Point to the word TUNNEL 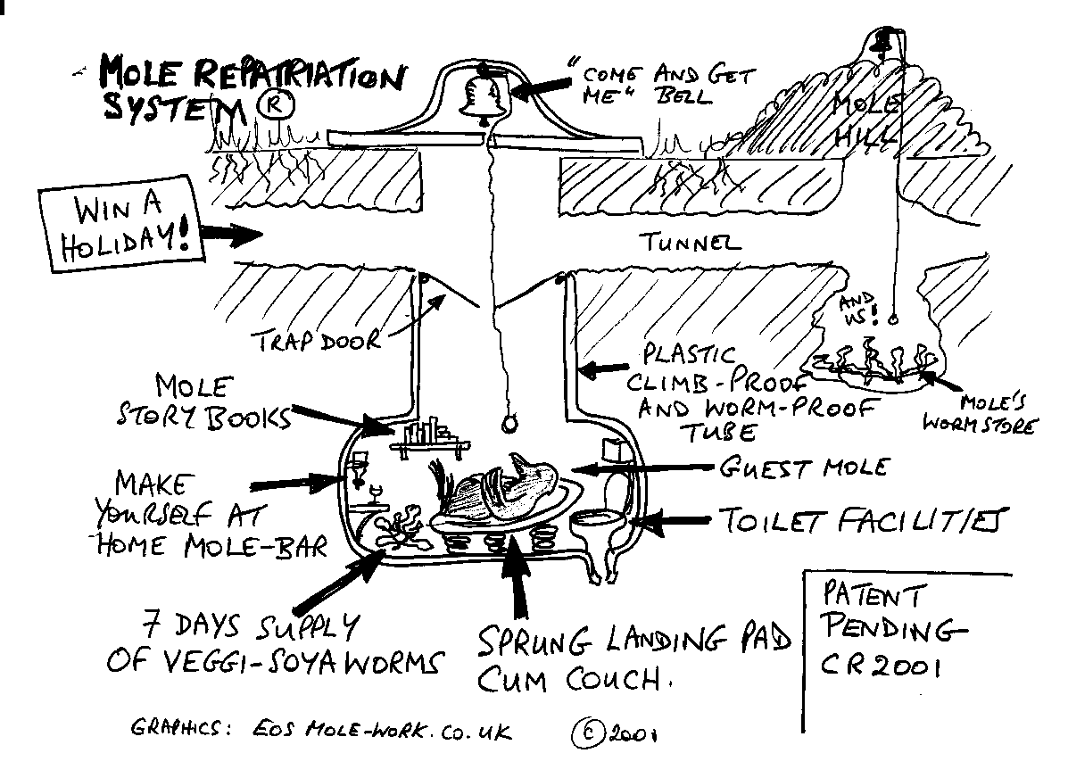click(x=689, y=242)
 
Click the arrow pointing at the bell click(x=541, y=87)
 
